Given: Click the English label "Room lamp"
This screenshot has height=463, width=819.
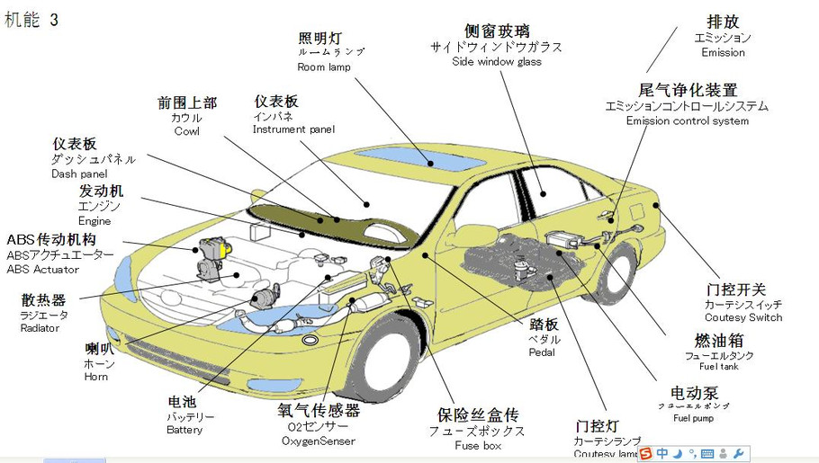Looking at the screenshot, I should (x=324, y=67).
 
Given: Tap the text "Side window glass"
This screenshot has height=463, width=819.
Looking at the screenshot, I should (x=497, y=62).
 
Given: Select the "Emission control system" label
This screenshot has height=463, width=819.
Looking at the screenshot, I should (x=688, y=121).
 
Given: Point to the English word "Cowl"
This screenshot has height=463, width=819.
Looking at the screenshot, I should (x=187, y=132).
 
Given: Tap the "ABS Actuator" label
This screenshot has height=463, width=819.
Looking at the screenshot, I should (x=43, y=270).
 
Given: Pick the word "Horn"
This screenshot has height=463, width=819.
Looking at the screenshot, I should (x=96, y=377).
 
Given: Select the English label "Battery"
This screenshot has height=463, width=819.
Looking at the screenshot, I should (x=184, y=430).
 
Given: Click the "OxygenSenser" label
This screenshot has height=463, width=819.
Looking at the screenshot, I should (x=318, y=441).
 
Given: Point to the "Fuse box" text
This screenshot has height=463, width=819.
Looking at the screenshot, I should (x=478, y=446).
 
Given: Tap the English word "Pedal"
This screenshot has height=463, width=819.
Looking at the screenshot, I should (x=543, y=352).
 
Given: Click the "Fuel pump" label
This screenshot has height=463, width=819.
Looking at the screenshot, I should (x=693, y=419).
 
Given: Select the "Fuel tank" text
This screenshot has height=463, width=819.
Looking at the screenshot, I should (x=718, y=368).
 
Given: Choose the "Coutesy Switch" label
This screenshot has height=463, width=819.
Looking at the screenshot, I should (x=743, y=317).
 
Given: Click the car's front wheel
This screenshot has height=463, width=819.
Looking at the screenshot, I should (x=385, y=356).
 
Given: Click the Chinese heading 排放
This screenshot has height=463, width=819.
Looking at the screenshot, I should (x=723, y=22).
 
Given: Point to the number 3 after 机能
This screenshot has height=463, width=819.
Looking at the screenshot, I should (x=54, y=20).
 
